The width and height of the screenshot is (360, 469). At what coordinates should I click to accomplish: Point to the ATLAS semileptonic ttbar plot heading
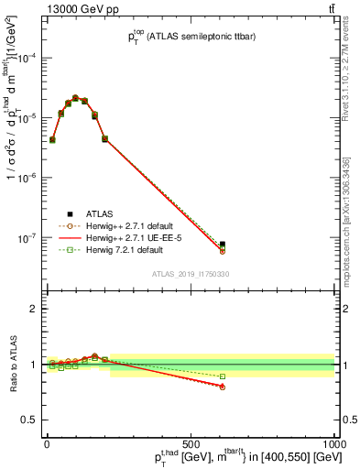pyautogui.click(x=188, y=38)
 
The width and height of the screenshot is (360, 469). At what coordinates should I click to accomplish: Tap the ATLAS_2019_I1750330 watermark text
pyautogui.click(x=191, y=274)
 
